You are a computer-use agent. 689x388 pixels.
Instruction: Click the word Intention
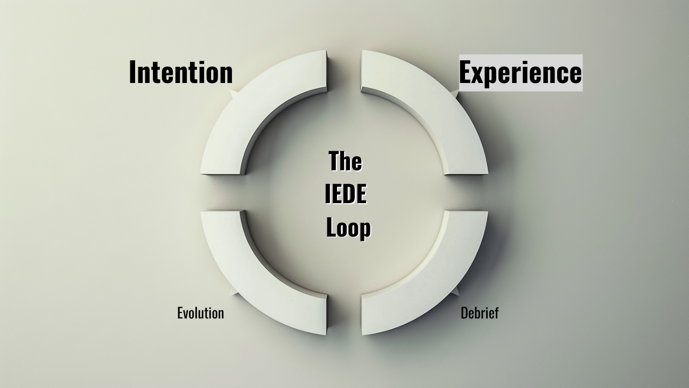click(x=181, y=72)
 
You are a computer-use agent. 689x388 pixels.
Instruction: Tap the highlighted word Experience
click(x=520, y=73)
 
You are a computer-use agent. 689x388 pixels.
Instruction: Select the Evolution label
click(x=200, y=313)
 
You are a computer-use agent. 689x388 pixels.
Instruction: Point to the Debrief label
click(x=480, y=313)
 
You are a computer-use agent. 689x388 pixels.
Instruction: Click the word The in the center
click(x=345, y=161)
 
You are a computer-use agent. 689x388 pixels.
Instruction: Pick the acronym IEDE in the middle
click(x=346, y=195)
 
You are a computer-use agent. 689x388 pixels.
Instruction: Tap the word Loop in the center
click(x=349, y=228)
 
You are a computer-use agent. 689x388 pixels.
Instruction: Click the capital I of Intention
click(x=132, y=72)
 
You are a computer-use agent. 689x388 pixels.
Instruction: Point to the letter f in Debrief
click(x=496, y=313)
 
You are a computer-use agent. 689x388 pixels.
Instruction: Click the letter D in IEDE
click(x=350, y=195)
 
